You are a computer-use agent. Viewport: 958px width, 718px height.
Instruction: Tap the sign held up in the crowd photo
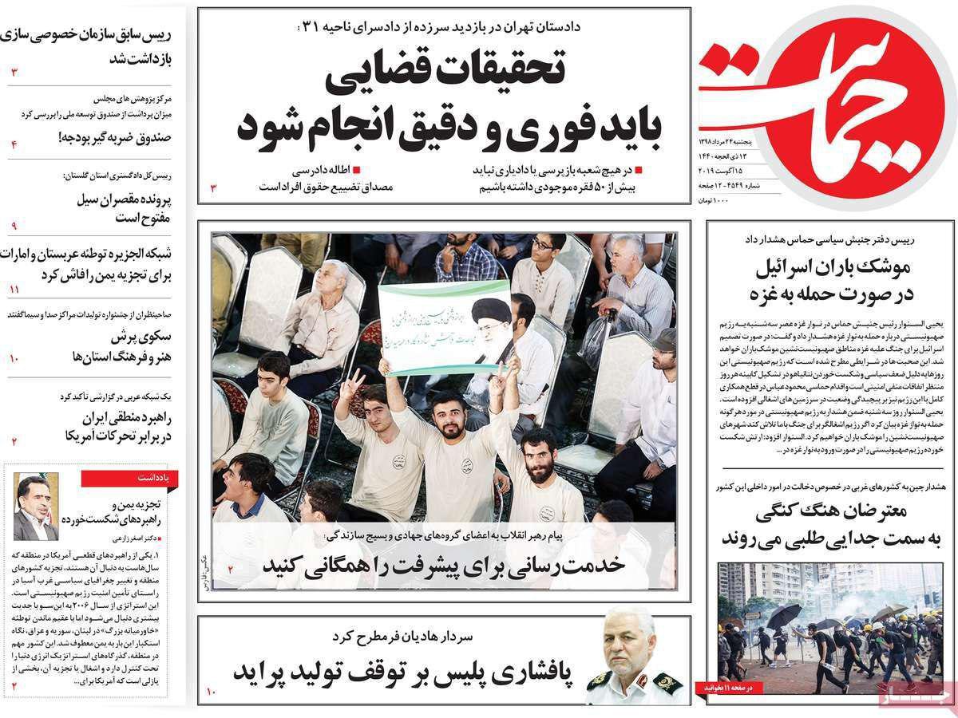click(444, 326)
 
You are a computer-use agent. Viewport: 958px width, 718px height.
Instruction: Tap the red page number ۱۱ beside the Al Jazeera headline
click(14, 289)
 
